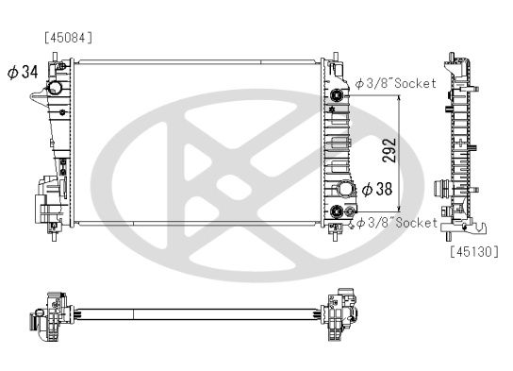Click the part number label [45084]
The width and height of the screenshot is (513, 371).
tap(69, 38)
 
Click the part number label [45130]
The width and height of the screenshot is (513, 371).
tap(474, 251)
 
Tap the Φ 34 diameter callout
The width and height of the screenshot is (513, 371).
tap(23, 72)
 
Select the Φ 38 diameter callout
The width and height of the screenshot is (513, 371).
tap(377, 189)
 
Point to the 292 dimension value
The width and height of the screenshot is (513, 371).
tap(389, 151)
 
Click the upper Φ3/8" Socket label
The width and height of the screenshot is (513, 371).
tap(396, 83)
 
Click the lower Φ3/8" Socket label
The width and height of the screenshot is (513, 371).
tap(397, 223)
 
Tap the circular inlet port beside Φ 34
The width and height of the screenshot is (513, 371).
tap(55, 88)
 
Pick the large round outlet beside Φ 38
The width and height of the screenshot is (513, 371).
tap(344, 189)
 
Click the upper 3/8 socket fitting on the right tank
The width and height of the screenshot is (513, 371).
tap(336, 95)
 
